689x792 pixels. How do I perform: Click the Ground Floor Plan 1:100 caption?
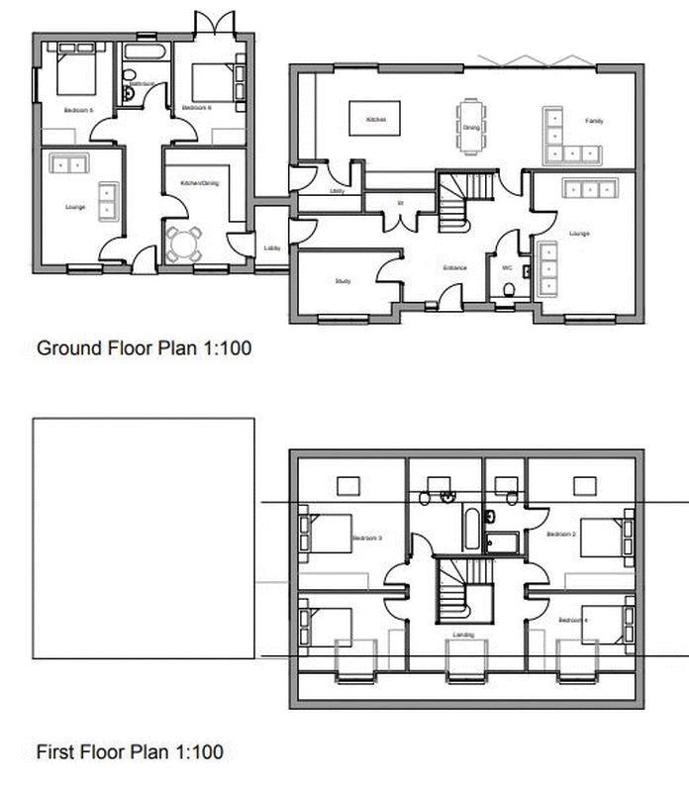coord(137,348)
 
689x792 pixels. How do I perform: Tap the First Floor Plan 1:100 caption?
coord(129,752)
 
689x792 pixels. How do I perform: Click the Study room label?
coord(343,282)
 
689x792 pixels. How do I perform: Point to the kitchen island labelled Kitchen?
coord(375,119)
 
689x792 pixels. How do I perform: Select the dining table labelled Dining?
coord(471,126)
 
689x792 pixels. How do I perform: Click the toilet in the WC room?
coord(509,289)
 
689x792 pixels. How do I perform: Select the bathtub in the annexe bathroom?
coord(144,49)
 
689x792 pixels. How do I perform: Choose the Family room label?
coord(593,121)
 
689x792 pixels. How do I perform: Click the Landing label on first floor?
coord(463,635)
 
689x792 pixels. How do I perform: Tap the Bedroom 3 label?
coord(366,539)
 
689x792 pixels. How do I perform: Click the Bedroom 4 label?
coord(571,620)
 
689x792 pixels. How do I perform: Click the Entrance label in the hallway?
coord(455,268)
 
